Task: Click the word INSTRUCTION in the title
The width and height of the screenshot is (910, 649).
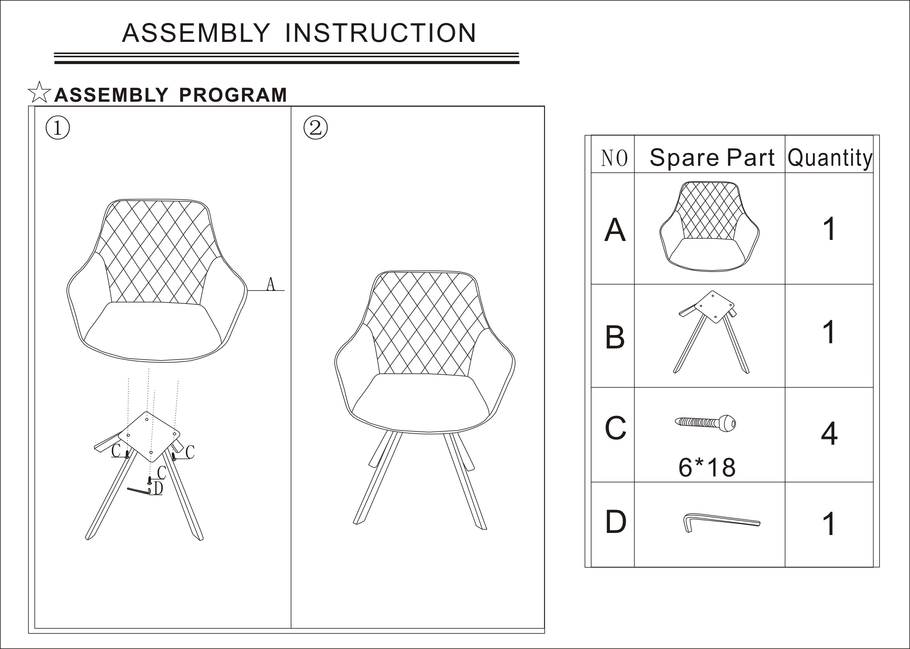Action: click(x=381, y=33)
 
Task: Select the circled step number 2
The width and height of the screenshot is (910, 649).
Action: click(x=316, y=128)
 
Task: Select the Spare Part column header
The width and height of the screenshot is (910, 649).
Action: click(x=712, y=157)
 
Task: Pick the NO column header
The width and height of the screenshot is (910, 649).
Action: click(x=614, y=158)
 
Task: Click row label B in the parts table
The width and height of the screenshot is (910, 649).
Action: click(x=615, y=337)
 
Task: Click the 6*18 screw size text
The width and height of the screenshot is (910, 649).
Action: click(x=707, y=467)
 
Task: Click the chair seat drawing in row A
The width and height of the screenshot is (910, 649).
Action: click(x=709, y=226)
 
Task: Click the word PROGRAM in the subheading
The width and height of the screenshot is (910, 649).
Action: click(x=233, y=95)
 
